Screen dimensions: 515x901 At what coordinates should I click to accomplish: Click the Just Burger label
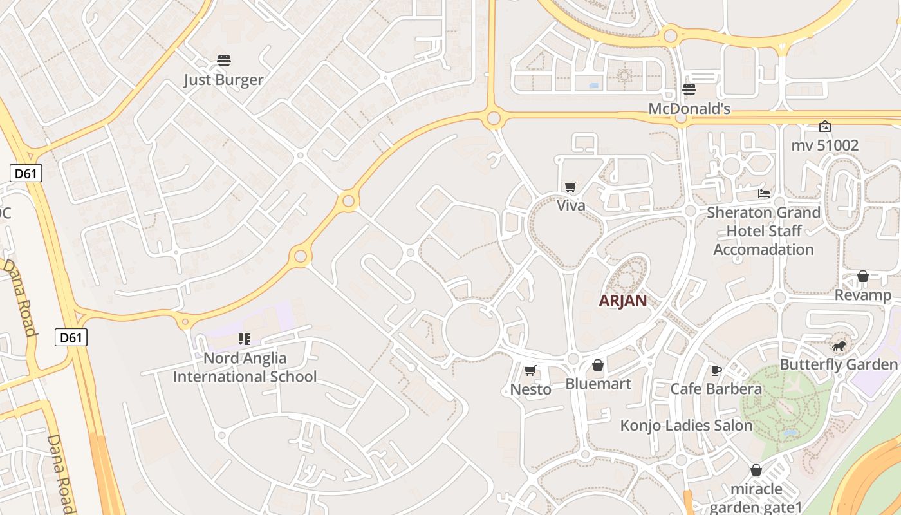click(x=223, y=80)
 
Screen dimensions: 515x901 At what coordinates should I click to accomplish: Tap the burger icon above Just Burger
click(x=224, y=61)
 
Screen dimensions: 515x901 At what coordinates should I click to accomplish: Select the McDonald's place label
click(x=689, y=109)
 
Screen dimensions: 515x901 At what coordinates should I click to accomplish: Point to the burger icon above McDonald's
click(x=689, y=89)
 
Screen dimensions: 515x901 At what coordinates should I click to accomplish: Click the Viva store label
click(x=571, y=205)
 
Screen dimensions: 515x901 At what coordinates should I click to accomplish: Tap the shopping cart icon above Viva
click(x=570, y=187)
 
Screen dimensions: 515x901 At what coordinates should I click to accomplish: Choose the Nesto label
click(x=530, y=389)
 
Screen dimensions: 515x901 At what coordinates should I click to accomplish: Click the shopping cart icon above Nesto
click(x=530, y=371)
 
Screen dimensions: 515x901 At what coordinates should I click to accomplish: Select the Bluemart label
click(x=598, y=384)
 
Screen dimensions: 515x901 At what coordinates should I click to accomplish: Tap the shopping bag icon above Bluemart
click(x=598, y=366)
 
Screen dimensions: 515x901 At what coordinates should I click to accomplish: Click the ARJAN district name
click(x=622, y=301)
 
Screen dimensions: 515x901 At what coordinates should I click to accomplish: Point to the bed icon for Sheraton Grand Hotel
click(x=764, y=193)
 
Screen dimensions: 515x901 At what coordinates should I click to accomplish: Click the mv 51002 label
click(x=824, y=145)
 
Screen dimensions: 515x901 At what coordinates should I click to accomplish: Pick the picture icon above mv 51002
click(x=824, y=126)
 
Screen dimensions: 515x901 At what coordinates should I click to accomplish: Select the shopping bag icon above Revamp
click(x=863, y=277)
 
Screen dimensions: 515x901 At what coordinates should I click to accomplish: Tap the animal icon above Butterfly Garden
click(x=839, y=347)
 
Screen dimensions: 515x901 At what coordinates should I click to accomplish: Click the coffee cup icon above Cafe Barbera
click(x=716, y=370)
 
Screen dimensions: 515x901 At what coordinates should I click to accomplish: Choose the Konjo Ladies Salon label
click(x=686, y=426)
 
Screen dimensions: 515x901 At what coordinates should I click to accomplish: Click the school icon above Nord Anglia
click(x=244, y=339)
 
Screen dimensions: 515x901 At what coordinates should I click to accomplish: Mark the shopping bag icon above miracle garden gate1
click(x=756, y=471)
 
